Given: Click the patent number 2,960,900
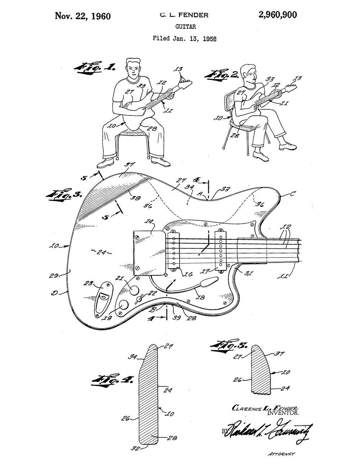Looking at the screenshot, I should click(x=277, y=15).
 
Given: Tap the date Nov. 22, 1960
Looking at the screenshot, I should click(x=82, y=16).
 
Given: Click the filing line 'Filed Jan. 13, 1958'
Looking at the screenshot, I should click(x=184, y=38).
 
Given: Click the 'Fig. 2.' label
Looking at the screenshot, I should click(x=221, y=75).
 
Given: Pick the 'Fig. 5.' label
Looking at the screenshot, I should click(x=229, y=346).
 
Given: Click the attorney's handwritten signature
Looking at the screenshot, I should click(x=266, y=431).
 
